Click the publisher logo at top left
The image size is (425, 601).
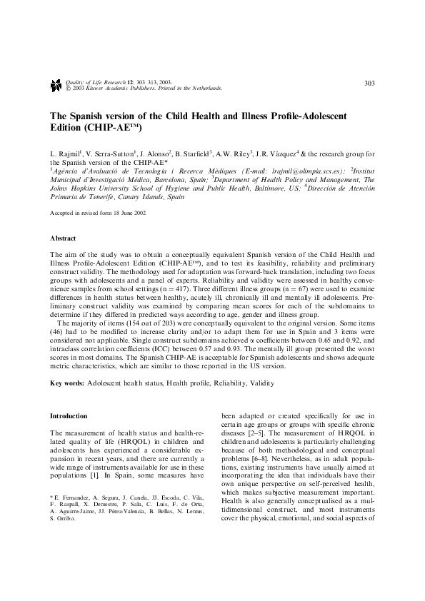click(x=56, y=86)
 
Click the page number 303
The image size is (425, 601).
click(x=369, y=84)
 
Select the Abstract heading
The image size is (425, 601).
click(x=62, y=237)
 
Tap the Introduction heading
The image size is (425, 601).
click(x=68, y=415)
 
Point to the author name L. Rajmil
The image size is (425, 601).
click(x=66, y=153)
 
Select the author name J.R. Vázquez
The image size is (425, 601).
click(x=283, y=153)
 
